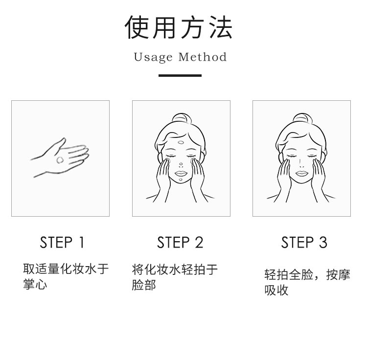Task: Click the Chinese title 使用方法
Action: pos(179,27)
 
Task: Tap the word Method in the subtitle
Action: pos(203,57)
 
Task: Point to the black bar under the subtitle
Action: pos(180,75)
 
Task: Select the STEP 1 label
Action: pos(62,242)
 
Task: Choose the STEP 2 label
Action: pos(180,242)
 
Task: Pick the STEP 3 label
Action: pos(304,242)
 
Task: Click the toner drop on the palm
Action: pos(60,160)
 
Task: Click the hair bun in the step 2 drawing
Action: pos(182,118)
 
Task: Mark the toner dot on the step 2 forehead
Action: pos(181,142)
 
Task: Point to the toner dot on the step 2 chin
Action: pos(181,180)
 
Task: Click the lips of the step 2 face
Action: pos(181,174)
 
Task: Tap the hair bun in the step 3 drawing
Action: pos(302,118)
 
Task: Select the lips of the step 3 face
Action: pos(302,174)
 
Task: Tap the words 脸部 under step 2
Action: pos(144,285)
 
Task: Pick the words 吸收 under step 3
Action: pos(276,290)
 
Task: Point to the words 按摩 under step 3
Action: pos(339,274)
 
